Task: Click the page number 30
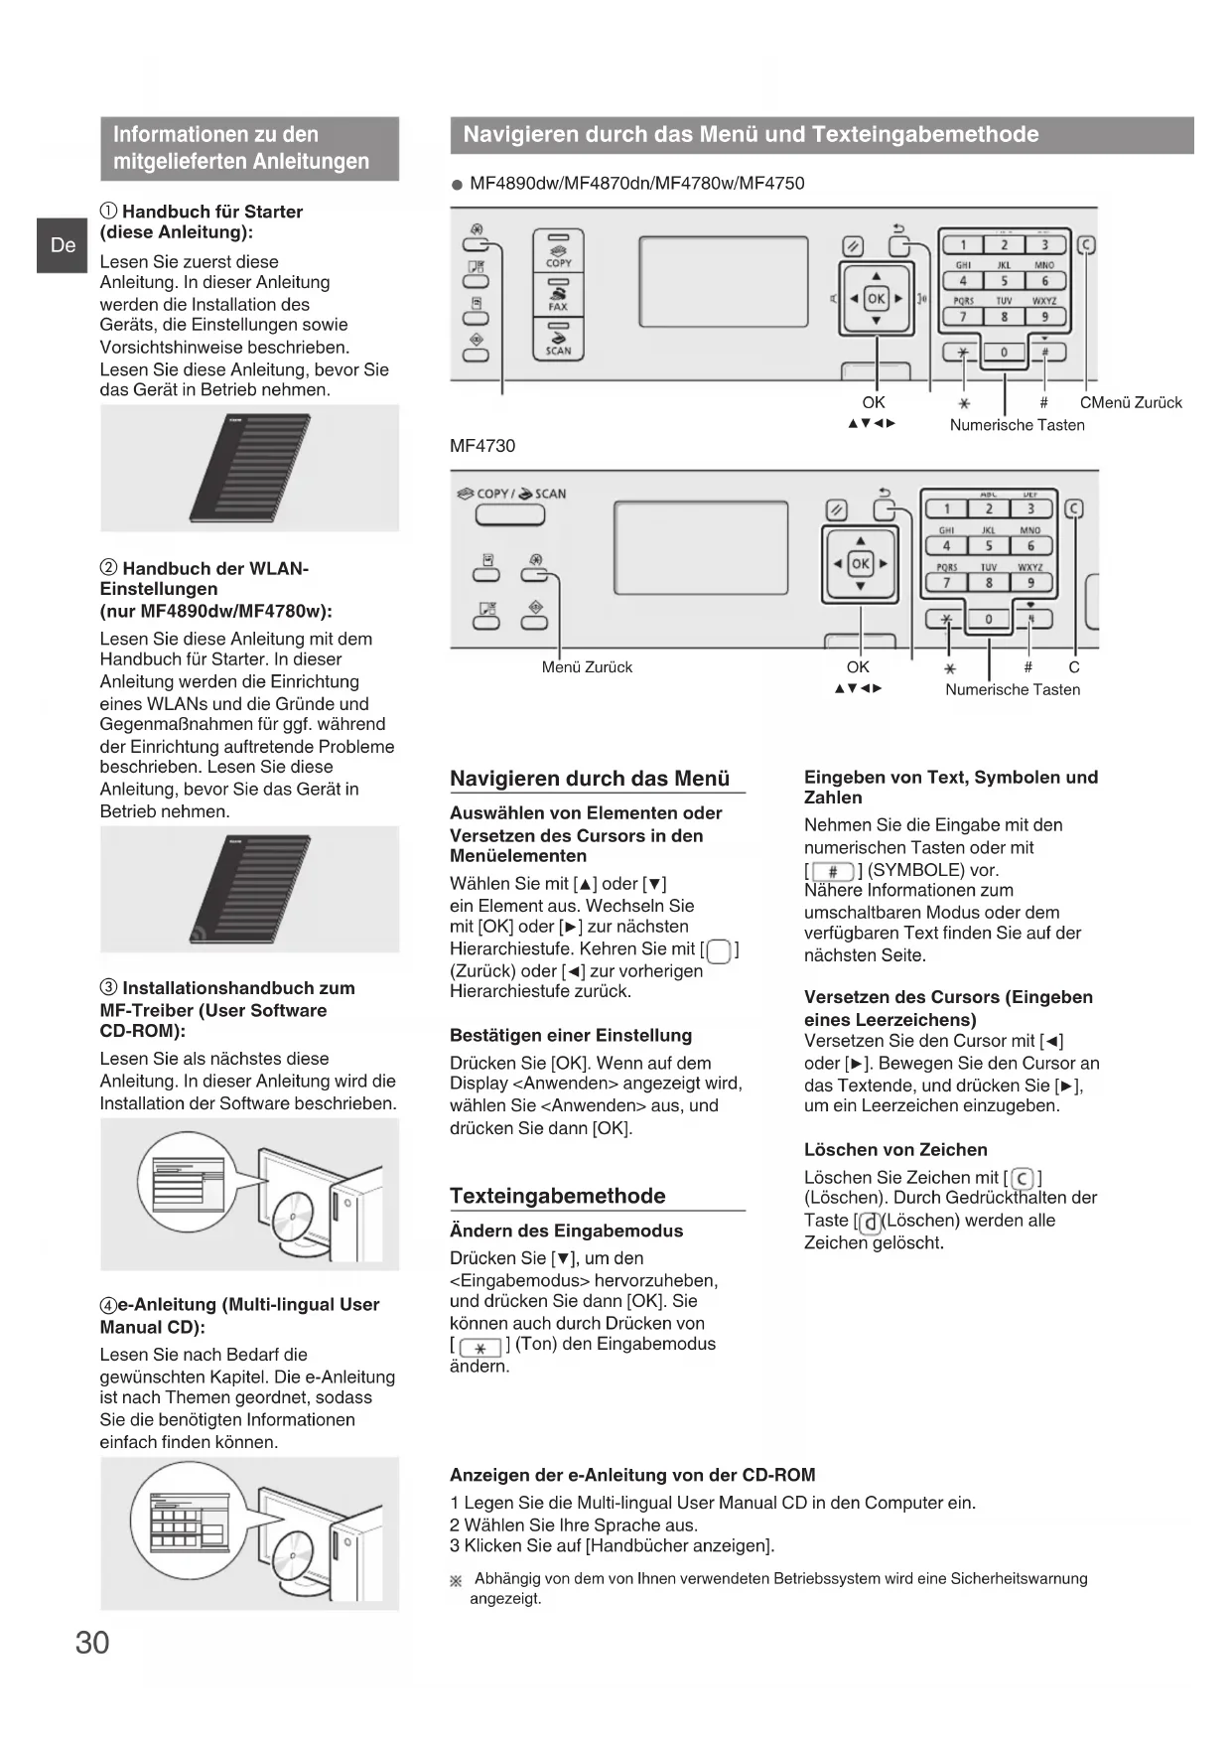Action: pyautogui.click(x=92, y=1643)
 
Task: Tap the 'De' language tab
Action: pyautogui.click(x=63, y=245)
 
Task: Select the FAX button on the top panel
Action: pyautogui.click(x=558, y=296)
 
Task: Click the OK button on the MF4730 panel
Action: pyautogui.click(x=860, y=563)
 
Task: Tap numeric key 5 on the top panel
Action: pyautogui.click(x=1004, y=281)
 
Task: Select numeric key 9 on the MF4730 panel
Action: pyautogui.click(x=1030, y=583)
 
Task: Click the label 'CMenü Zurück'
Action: pyautogui.click(x=1131, y=402)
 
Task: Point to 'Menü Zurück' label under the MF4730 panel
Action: pyautogui.click(x=587, y=667)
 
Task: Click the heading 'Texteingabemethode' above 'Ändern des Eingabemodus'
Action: pyautogui.click(x=557, y=1196)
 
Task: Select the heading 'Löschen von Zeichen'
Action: pyautogui.click(x=895, y=1150)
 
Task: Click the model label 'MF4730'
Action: pyautogui.click(x=482, y=446)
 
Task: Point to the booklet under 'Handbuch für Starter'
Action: pyautogui.click(x=250, y=468)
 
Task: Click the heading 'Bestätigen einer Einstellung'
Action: pyautogui.click(x=571, y=1035)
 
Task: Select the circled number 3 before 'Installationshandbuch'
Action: pyautogui.click(x=108, y=988)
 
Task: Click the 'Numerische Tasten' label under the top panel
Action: pyautogui.click(x=1017, y=425)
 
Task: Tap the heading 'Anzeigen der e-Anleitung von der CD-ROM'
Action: pyautogui.click(x=632, y=1475)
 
